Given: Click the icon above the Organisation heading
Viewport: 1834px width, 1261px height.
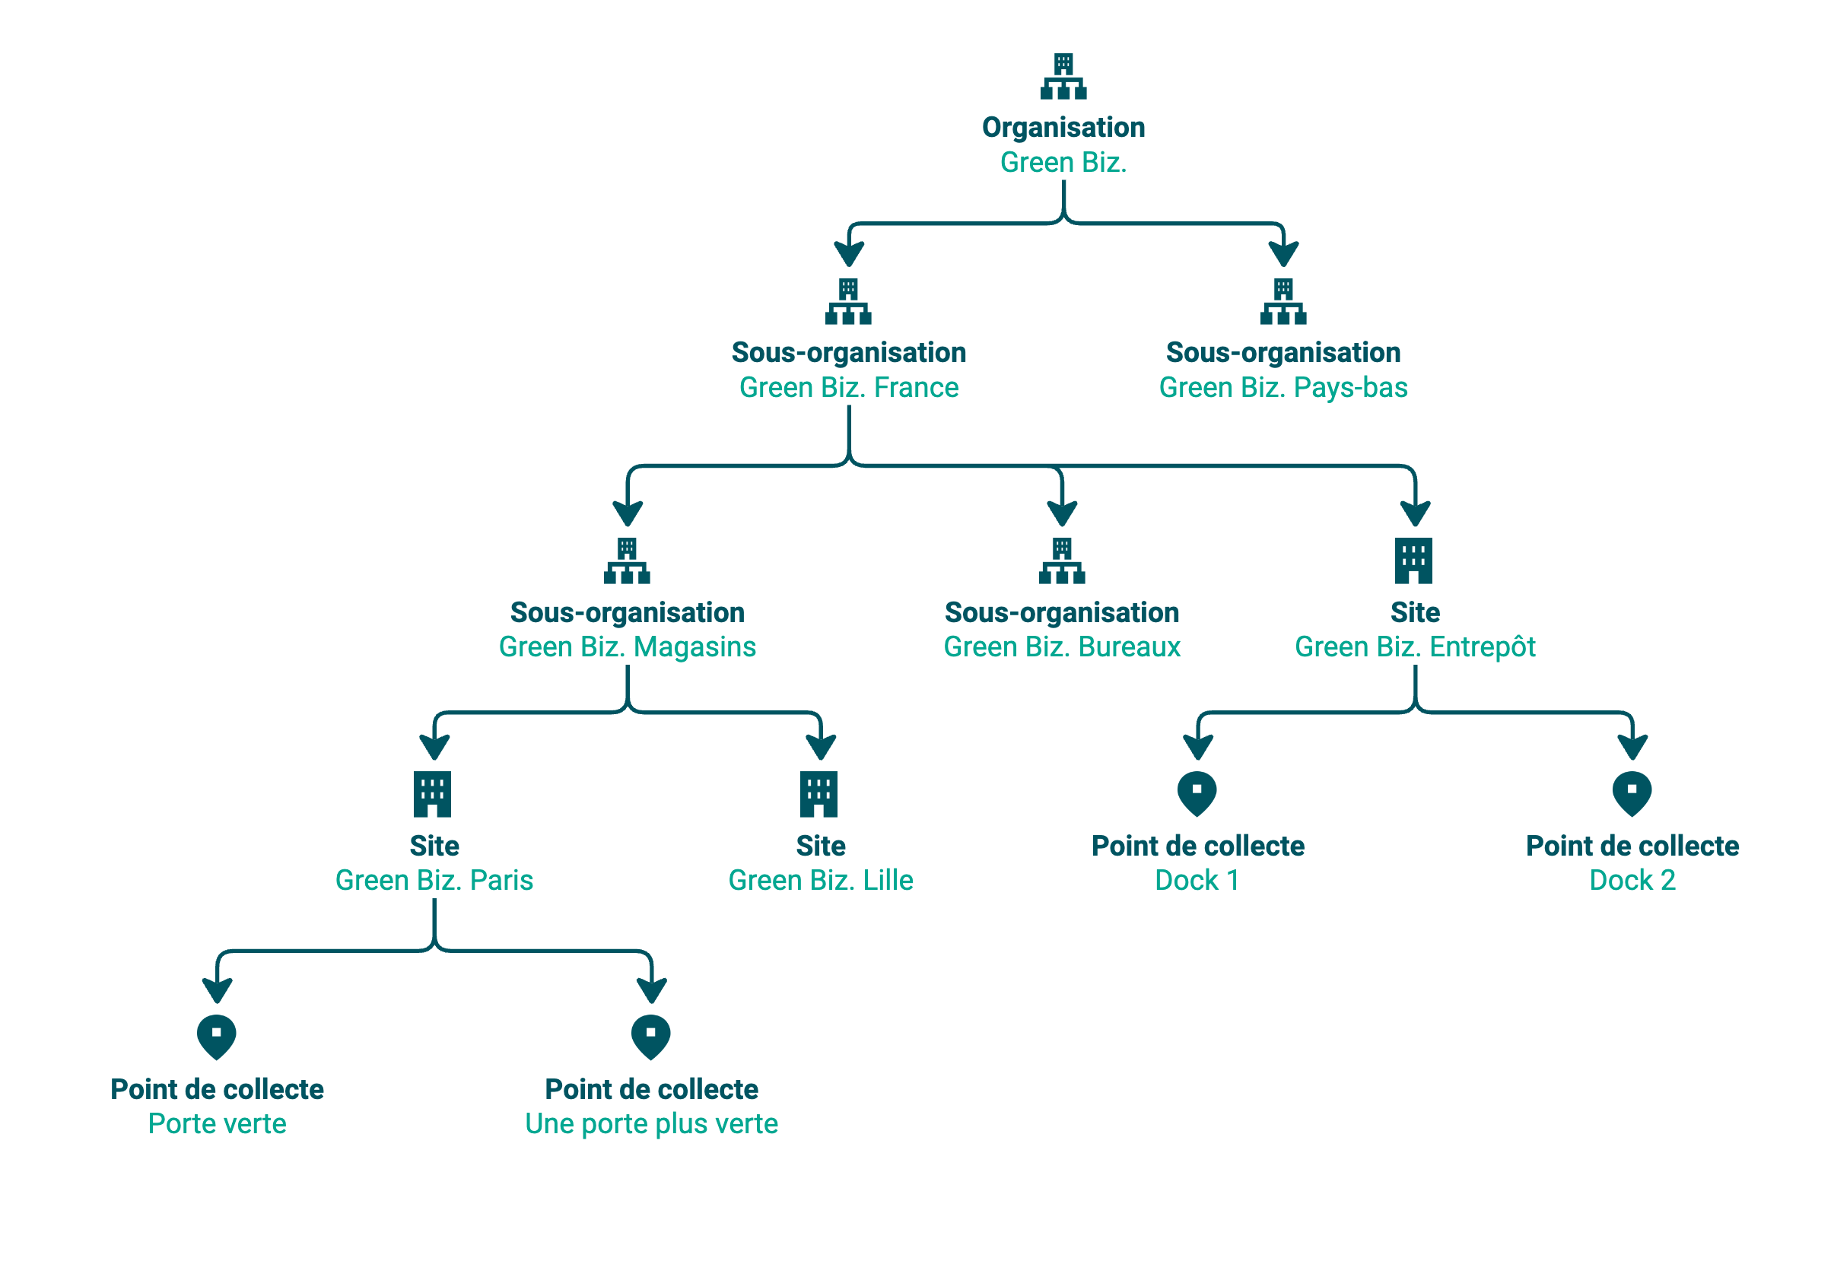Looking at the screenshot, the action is click(1063, 76).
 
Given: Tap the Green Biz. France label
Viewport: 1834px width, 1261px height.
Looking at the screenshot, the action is click(849, 387).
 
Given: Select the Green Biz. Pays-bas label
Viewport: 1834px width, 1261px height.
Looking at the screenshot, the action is click(1283, 387).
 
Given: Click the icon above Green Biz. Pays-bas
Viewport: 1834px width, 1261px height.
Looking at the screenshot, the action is click(1283, 301).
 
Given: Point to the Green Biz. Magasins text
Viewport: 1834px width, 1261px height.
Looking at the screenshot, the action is click(628, 647).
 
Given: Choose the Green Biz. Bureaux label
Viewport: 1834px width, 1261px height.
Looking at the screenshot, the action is click(1062, 647).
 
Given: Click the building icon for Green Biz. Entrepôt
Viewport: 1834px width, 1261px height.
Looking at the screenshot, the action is click(1413, 561).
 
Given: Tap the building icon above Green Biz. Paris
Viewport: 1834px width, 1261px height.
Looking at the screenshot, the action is click(432, 793).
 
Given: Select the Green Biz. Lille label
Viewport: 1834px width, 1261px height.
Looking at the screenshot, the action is click(820, 880).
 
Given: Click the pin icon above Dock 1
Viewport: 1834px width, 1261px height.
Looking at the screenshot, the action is click(1197, 793).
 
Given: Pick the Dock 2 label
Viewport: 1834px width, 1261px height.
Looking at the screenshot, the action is click(1632, 880).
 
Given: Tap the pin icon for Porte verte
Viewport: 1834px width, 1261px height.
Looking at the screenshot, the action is click(217, 1037).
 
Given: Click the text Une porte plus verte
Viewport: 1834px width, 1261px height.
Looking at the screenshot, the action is click(652, 1123).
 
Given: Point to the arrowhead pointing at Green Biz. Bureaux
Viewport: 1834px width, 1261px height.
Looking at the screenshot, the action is click(1062, 513).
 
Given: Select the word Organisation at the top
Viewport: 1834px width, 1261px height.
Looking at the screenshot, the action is click(1063, 128).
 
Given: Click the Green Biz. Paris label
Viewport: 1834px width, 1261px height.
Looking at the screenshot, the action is click(434, 880).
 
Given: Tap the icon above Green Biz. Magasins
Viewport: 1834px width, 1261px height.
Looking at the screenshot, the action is click(627, 561).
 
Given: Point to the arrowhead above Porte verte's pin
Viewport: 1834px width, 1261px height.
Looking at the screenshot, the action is click(218, 990).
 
